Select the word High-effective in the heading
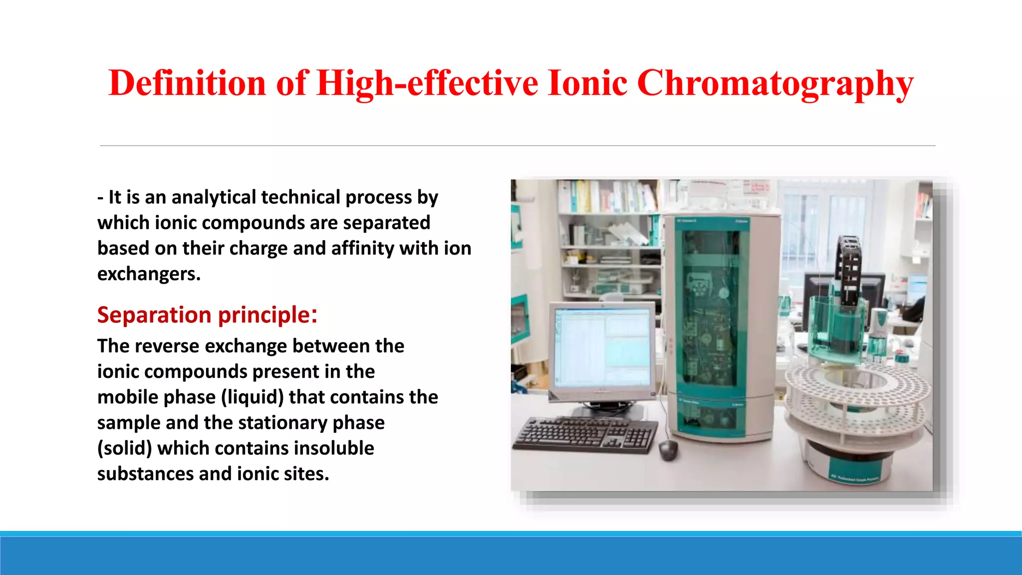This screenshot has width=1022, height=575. [427, 83]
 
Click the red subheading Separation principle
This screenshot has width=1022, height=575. [207, 315]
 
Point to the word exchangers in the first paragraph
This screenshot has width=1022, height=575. [149, 274]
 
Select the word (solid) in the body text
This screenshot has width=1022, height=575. [124, 448]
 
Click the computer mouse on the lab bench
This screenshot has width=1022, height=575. [668, 449]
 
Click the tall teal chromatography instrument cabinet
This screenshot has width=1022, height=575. [721, 324]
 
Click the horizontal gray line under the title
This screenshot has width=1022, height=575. [517, 146]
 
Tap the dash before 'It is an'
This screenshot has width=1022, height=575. [100, 198]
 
